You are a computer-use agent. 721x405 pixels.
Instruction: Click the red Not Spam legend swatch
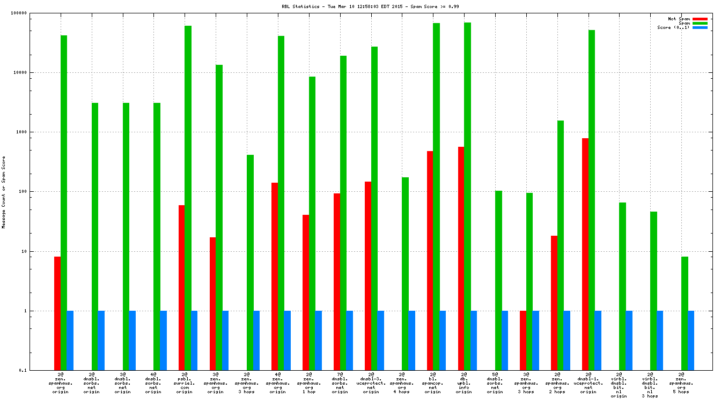pos(700,19)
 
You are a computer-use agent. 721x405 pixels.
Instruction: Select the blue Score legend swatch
pos(700,27)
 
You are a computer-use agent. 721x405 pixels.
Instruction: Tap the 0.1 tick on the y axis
pos(38,370)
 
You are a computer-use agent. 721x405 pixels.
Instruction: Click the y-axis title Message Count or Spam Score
pos(4,192)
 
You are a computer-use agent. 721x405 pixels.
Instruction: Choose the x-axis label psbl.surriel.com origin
pos(185,383)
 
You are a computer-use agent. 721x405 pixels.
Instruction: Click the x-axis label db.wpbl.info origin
pos(464,383)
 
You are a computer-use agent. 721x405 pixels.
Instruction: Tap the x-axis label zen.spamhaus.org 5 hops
pos(681,383)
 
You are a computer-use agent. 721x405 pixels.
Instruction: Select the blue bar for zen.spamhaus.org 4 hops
pos(411,340)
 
